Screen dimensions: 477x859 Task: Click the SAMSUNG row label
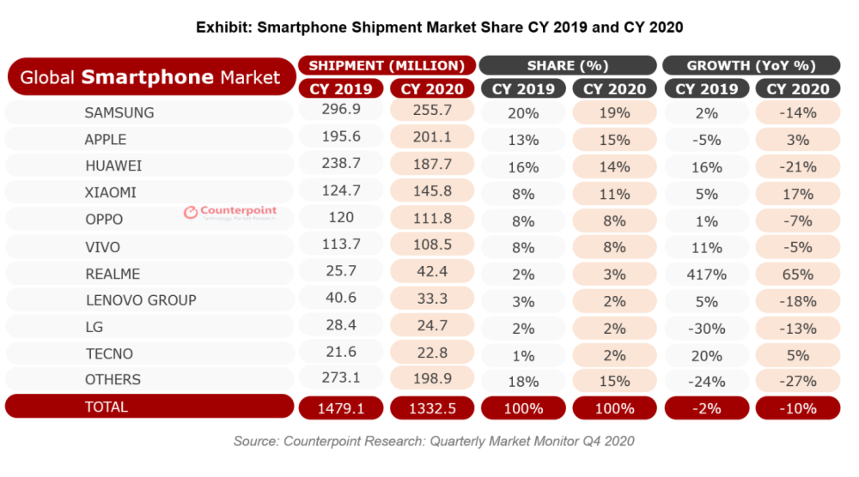(119, 112)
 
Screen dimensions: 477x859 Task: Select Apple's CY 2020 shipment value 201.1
(431, 140)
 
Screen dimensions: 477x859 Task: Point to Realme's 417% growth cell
(706, 275)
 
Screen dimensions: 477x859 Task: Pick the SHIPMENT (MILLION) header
(386, 65)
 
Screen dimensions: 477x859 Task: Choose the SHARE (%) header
(568, 65)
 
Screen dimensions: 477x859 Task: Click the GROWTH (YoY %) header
(752, 65)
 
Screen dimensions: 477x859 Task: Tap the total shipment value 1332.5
(431, 408)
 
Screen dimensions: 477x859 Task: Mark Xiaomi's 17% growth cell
(797, 194)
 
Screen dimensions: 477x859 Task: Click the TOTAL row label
(106, 407)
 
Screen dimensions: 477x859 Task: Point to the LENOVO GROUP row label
(141, 300)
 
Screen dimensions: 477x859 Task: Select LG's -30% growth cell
(706, 327)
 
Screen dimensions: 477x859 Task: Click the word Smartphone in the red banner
(147, 77)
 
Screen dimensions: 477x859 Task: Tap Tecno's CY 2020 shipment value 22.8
(431, 353)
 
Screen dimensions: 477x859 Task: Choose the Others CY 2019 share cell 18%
(523, 380)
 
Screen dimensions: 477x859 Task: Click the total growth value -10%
(797, 408)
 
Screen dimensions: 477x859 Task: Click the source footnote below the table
(434, 441)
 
